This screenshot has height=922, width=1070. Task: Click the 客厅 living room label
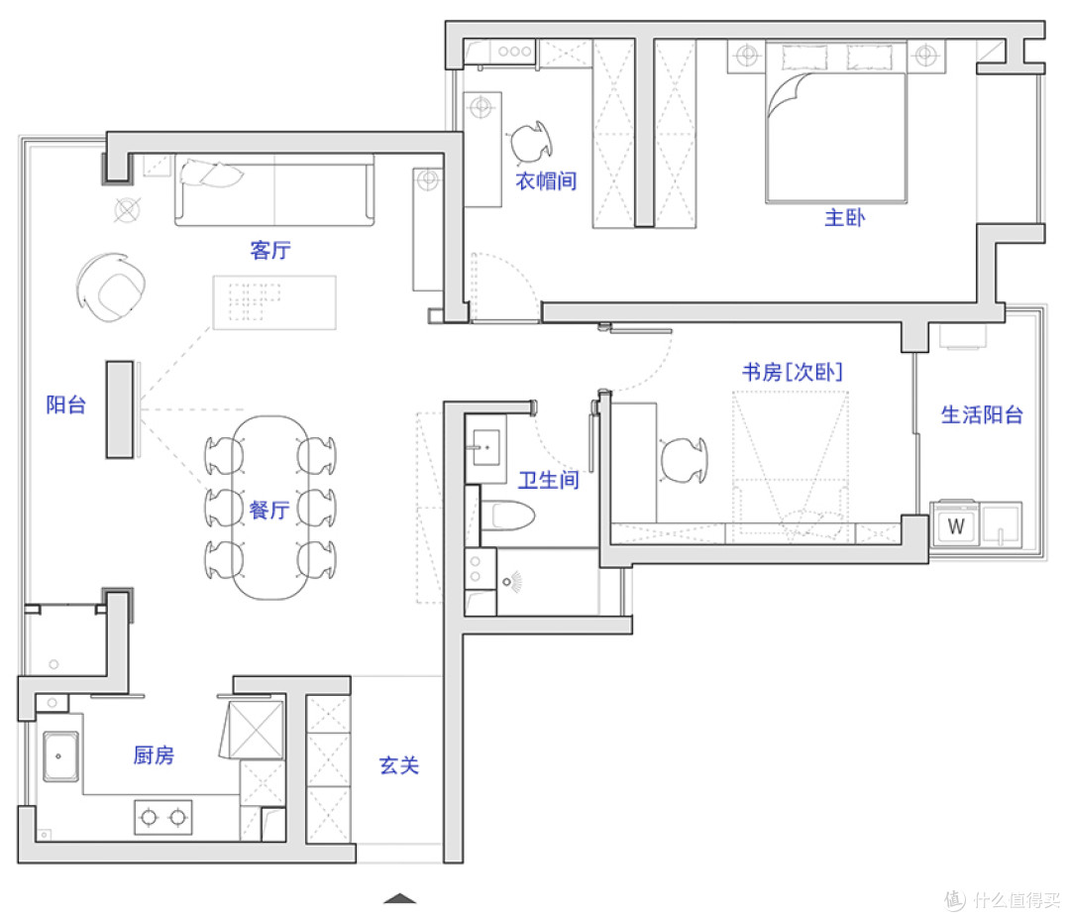pos(270,250)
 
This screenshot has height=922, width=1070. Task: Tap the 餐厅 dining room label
pos(269,510)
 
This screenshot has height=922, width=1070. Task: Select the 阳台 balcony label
pos(66,404)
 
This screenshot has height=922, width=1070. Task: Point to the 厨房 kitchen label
pos(154,754)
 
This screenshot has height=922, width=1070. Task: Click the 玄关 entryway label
pos(399,765)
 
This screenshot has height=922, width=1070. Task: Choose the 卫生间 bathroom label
pos(549,480)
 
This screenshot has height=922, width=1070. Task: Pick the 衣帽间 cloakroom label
pos(546,180)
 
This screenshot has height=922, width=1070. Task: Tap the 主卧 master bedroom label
pos(845,218)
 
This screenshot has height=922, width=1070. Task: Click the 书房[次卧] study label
pos(793,372)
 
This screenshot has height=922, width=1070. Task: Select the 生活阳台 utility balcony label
pos(982,414)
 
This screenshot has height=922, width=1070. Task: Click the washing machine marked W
pos(955,524)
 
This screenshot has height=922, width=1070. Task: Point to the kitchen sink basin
pos(61,756)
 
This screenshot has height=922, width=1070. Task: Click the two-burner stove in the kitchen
pos(163,817)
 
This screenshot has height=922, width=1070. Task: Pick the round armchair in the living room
pos(111,287)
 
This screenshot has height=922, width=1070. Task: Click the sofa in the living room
pos(274,190)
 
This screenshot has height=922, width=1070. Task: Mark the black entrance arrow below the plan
pos(400,898)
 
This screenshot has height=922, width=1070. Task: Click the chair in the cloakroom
pos(531,142)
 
